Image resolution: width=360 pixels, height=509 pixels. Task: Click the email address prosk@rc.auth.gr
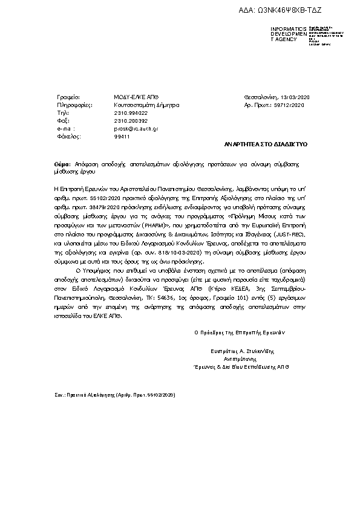[x=136, y=129]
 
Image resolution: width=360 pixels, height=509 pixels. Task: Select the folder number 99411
[x=122, y=137]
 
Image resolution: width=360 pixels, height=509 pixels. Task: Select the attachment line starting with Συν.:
[x=115, y=394]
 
